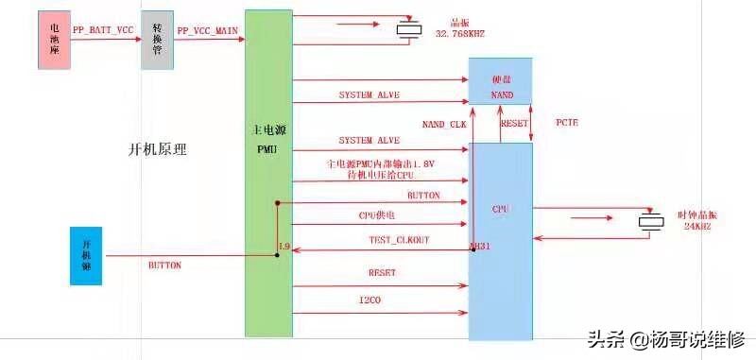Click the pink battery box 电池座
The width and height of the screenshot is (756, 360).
coord(53,41)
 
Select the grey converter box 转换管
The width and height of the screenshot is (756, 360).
coord(158,41)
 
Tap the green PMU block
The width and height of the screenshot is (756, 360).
coord(268,174)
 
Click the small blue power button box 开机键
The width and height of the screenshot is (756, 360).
coord(86,255)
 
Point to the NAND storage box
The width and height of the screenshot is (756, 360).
coord(500,81)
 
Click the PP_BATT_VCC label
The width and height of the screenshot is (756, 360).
coord(103,31)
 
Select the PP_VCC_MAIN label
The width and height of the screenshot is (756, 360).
coord(207,31)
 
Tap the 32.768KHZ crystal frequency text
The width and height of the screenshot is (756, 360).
coord(459,33)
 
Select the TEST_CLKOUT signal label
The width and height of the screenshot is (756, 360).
coord(398,241)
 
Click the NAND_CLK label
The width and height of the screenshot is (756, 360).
coord(444,125)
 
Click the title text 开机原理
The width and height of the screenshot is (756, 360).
coord(158,149)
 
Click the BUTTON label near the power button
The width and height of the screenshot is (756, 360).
coord(164,266)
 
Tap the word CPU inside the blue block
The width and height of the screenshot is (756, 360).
coord(501,207)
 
